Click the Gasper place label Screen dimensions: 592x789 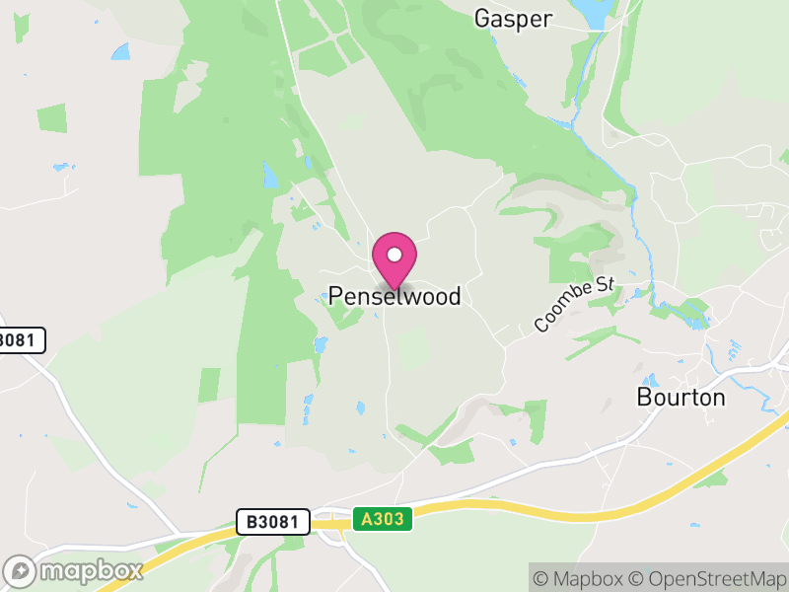(x=513, y=18)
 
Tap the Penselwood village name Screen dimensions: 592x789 (x=394, y=296)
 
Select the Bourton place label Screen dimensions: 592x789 (x=681, y=398)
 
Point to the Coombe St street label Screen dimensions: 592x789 (x=574, y=305)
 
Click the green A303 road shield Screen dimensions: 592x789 (x=382, y=519)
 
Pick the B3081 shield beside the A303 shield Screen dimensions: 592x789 (x=273, y=522)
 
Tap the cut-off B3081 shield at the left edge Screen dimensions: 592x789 (x=20, y=340)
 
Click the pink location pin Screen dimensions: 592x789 (x=394, y=257)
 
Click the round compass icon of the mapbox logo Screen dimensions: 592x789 (x=21, y=571)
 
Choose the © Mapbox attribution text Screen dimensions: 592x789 (x=580, y=578)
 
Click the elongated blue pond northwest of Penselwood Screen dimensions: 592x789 (x=269, y=176)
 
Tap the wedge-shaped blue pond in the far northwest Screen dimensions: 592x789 (x=120, y=51)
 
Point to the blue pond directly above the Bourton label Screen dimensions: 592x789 (x=651, y=380)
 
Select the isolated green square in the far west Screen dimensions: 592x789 (x=51, y=118)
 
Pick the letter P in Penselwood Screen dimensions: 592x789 (x=335, y=296)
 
